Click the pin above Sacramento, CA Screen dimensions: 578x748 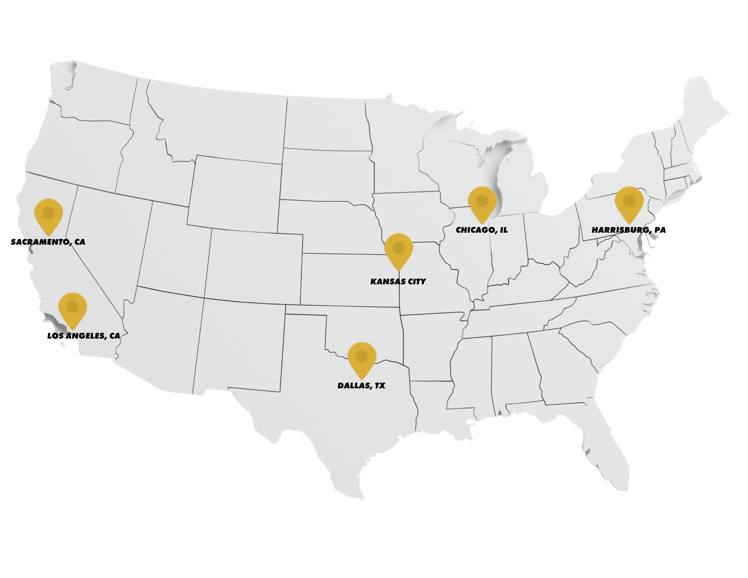click(48, 214)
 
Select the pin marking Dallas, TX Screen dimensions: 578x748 click(362, 357)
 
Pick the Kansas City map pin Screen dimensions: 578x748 click(399, 248)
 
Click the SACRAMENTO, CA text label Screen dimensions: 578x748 click(48, 242)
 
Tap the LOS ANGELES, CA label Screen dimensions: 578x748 click(84, 336)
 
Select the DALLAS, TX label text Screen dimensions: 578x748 click(361, 386)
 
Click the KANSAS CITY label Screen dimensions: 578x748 click(398, 282)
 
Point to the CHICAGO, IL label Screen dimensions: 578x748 click(482, 230)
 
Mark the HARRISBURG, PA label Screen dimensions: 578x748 click(629, 230)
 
